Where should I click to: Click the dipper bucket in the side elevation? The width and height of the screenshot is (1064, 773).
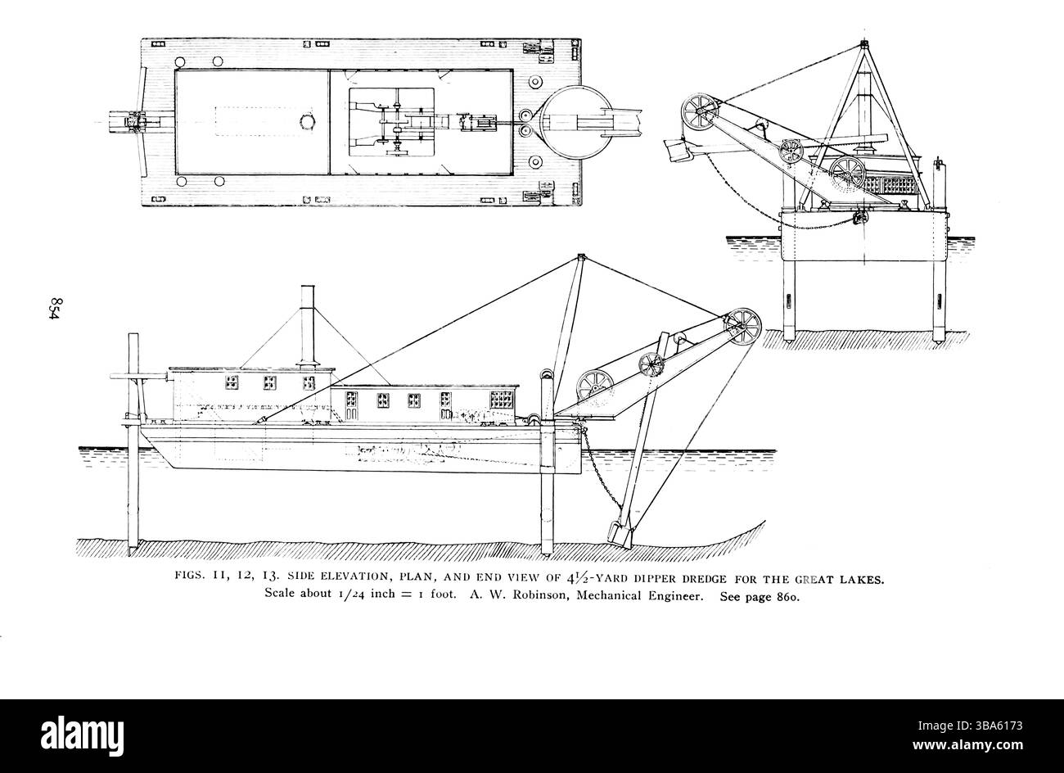617,531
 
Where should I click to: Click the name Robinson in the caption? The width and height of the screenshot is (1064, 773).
531,597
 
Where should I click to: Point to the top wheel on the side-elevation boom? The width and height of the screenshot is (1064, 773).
742,324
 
